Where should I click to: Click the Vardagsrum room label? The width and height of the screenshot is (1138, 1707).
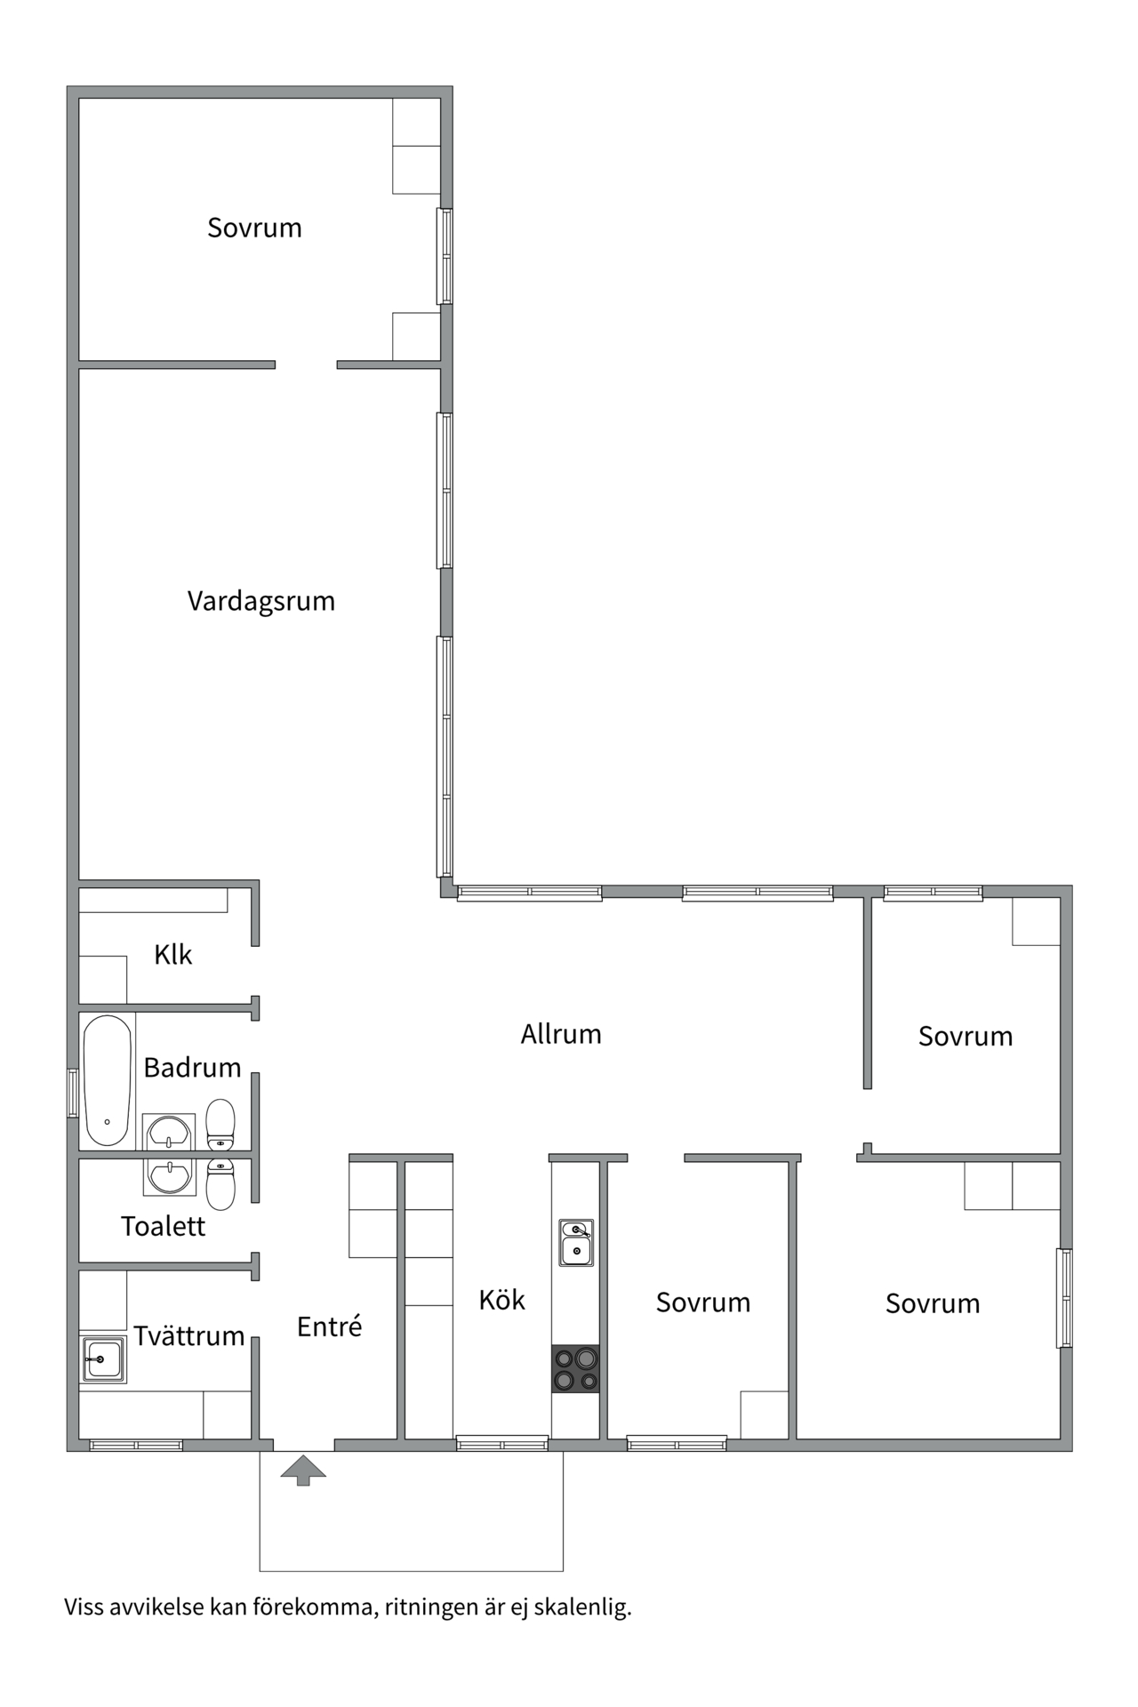click(261, 601)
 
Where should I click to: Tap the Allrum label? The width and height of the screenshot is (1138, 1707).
click(561, 1034)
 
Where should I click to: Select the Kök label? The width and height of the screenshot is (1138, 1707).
click(502, 1300)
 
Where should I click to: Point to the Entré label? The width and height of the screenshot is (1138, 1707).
click(330, 1326)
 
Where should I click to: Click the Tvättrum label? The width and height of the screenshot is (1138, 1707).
click(189, 1335)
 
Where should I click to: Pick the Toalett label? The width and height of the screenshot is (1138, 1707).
click(164, 1226)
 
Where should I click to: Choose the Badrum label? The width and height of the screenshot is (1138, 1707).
click(193, 1067)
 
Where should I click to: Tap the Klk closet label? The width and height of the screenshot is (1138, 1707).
click(173, 955)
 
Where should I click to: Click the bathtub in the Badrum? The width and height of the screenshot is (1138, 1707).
click(108, 1080)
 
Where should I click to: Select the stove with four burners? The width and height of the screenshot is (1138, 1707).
click(576, 1368)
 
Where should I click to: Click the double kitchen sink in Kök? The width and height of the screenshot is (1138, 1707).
click(576, 1242)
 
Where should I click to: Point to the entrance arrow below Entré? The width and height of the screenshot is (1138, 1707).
click(303, 1470)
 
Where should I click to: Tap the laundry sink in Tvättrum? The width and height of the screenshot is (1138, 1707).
click(104, 1359)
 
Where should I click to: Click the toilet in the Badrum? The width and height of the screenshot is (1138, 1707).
click(220, 1125)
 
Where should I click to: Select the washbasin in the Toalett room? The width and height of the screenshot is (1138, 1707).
click(169, 1176)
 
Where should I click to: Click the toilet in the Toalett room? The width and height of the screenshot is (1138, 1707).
click(220, 1184)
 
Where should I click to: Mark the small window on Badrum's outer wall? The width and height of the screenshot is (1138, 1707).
click(73, 1093)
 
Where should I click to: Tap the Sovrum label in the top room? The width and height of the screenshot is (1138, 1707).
click(254, 228)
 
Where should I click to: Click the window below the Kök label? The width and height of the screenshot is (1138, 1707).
click(502, 1444)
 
